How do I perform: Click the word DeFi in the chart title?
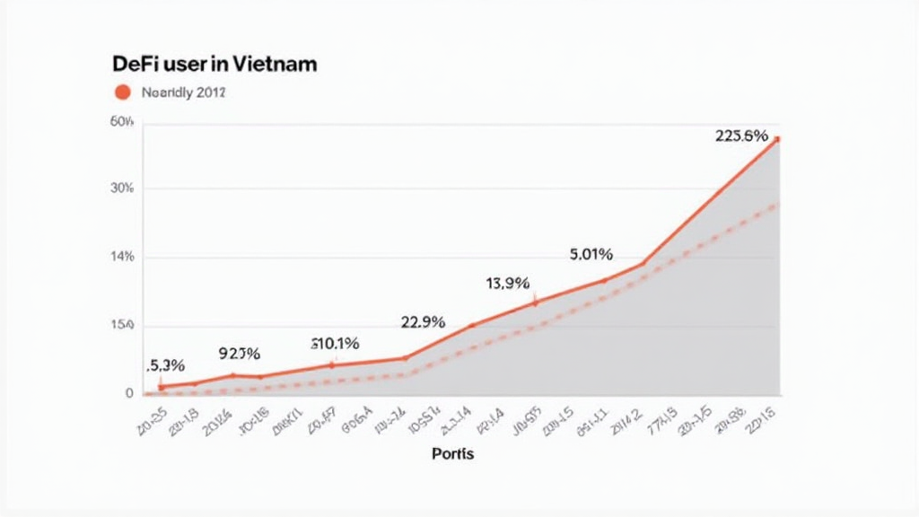[x=133, y=65]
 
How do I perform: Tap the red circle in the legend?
[x=123, y=92]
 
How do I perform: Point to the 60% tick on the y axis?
[x=121, y=122]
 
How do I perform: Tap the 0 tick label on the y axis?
[x=129, y=393]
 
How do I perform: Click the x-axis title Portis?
[x=452, y=454]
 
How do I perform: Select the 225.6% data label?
[x=741, y=136]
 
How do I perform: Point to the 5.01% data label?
[x=591, y=255]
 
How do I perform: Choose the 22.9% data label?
[x=422, y=322]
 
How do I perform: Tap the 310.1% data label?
[x=335, y=343]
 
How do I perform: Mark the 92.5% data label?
[x=240, y=354]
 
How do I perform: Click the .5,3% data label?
[x=165, y=365]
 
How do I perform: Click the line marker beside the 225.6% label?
[x=777, y=139]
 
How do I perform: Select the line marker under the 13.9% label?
[x=535, y=303]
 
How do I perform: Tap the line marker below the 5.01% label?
[x=603, y=280]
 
